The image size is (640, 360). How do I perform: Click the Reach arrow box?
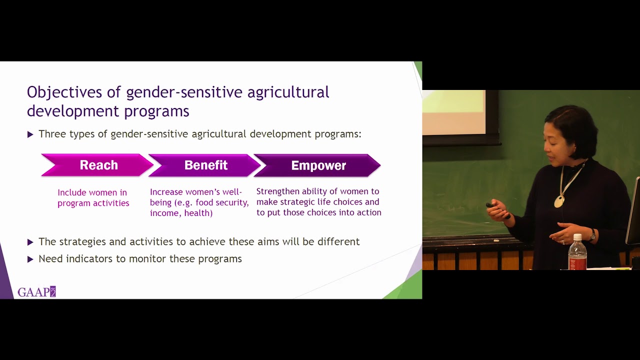click(98, 165)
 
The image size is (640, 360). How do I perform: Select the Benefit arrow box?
click(205, 165)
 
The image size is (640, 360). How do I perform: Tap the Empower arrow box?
click(318, 165)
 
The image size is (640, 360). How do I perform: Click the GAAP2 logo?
click(36, 292)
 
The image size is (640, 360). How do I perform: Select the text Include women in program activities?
click(93, 198)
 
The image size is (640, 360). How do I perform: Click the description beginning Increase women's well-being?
click(199, 202)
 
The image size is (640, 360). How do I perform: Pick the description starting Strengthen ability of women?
click(318, 202)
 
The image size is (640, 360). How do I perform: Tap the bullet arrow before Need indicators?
click(30, 259)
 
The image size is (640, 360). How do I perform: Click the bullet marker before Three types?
click(30, 134)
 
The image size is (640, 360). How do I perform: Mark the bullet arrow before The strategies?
click(30, 242)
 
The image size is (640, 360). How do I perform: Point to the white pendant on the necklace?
click(558, 201)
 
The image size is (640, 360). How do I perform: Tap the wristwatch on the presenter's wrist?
click(592, 235)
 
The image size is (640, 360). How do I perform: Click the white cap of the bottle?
click(577, 236)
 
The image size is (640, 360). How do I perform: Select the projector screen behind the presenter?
click(454, 112)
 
